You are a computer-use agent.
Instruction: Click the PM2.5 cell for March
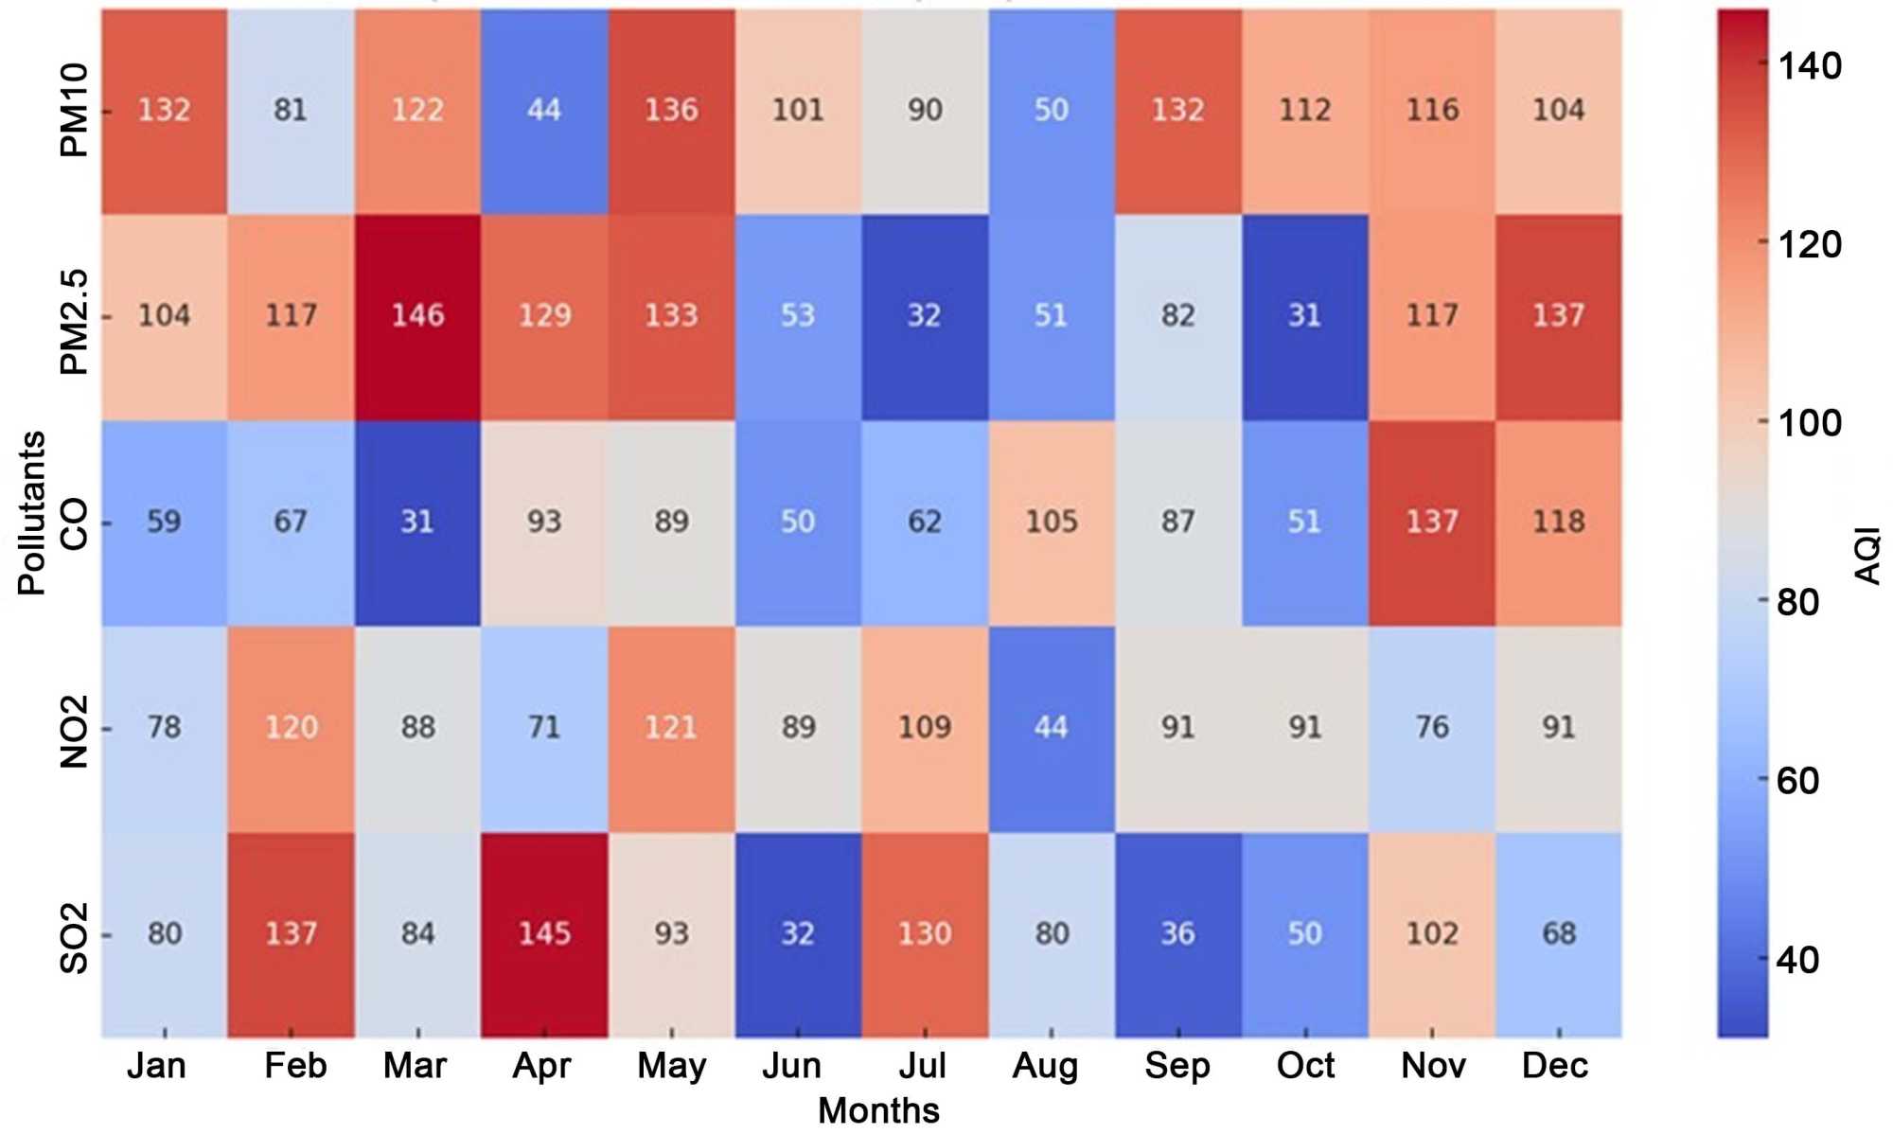click(417, 315)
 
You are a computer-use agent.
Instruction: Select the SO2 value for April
click(544, 934)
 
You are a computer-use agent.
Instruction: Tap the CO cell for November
click(1431, 522)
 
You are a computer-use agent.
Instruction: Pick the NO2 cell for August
click(1051, 728)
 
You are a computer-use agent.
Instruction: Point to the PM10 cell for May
click(671, 110)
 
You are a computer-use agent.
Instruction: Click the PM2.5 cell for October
click(1304, 315)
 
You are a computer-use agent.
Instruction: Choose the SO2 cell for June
click(798, 934)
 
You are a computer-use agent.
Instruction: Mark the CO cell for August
click(1051, 522)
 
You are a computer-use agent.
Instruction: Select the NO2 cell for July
click(924, 728)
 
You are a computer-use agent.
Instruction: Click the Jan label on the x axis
click(156, 1066)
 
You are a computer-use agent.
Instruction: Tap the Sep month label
click(1176, 1066)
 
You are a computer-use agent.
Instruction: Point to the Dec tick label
click(1554, 1066)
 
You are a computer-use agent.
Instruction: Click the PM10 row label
click(74, 110)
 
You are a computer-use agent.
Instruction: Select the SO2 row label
click(74, 938)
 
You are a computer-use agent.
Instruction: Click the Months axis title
click(878, 1110)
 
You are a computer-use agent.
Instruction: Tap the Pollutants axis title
click(31, 513)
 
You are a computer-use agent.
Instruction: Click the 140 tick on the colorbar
click(1809, 66)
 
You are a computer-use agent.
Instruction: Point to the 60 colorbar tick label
click(1797, 781)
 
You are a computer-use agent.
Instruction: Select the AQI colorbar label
click(1866, 557)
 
